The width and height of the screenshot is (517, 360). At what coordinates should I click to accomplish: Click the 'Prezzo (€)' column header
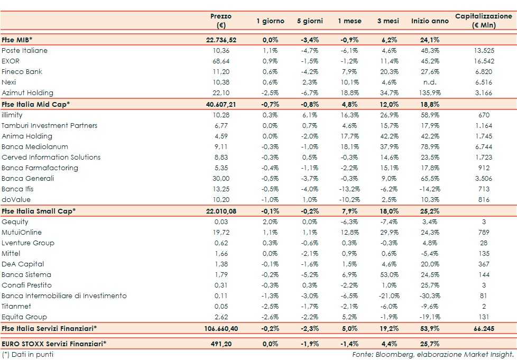coord(220,21)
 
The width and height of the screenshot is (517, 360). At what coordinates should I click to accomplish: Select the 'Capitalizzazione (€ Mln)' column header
coord(483,21)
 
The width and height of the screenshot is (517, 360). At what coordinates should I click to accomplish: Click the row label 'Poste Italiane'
coord(25,51)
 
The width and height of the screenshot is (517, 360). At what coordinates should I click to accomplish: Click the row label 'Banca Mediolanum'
coord(35,146)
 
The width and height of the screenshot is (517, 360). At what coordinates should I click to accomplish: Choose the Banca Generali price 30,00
coord(220,179)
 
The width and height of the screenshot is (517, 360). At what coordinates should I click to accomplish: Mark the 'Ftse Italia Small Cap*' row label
coord(39,210)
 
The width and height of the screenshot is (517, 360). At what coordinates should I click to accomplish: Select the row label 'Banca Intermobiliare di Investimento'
coord(64,296)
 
